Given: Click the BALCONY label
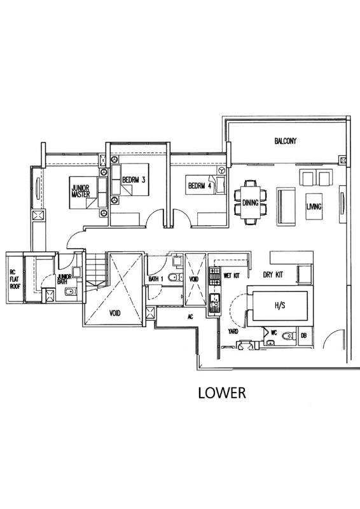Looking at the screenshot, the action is pos(286,141).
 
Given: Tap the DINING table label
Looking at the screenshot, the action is pos(250,203).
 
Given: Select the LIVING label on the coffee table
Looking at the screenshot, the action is pos(314,206).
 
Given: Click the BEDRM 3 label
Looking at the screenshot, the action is pos(134,179).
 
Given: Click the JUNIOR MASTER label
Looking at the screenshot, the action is pos(81,192).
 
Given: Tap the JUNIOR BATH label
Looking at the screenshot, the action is pos(64,279).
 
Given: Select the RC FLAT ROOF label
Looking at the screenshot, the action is pos(15,279).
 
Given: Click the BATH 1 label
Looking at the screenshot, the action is pos(156,279).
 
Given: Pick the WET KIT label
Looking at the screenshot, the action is pos(232,275).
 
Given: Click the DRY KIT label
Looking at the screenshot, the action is pos(273,275).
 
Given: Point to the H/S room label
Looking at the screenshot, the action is pos(280,305).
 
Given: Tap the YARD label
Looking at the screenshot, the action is pos(233,331).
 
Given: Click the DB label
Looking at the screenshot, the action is pos(304,336).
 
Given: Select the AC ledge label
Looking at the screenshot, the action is pos(191,316).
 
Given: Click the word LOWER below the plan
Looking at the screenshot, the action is pos(222,393).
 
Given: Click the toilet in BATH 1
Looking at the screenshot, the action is pos(175,277).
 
